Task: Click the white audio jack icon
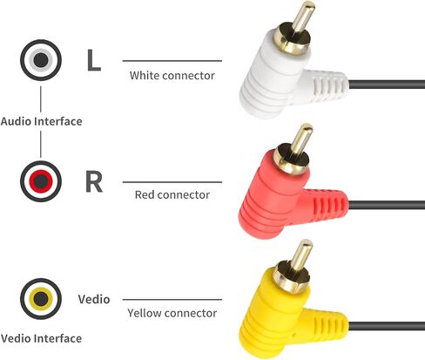[41, 60]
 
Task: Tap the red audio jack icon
[41, 181]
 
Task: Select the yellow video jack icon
[41, 299]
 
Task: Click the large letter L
[94, 60]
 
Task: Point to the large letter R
[94, 181]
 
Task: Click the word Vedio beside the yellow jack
[94, 299]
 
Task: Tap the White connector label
[172, 76]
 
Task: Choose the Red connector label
[172, 194]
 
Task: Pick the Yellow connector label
[172, 313]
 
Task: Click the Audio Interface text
[41, 121]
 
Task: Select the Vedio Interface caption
[41, 338]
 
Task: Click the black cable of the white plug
[387, 85]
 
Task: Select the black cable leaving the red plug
[387, 205]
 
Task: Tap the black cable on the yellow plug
[387, 326]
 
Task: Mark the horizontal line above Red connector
[172, 182]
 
